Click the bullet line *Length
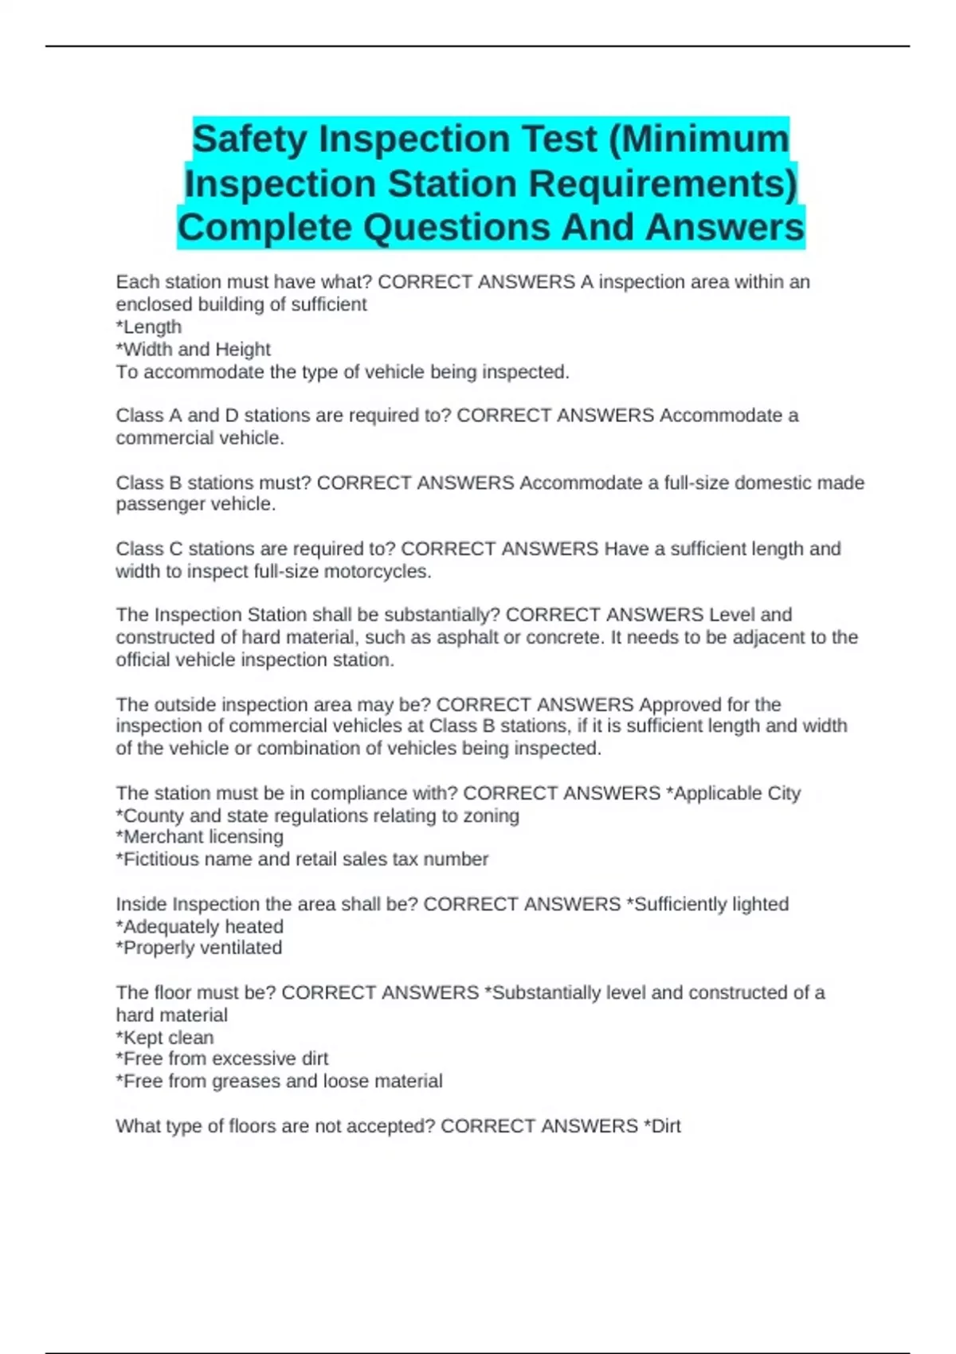coord(149,327)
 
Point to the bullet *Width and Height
coord(194,350)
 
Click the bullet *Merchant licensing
coord(200,837)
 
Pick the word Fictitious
coord(161,859)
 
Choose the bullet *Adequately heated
coord(200,927)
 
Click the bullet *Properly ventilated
coord(199,948)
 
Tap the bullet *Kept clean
coord(165,1038)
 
